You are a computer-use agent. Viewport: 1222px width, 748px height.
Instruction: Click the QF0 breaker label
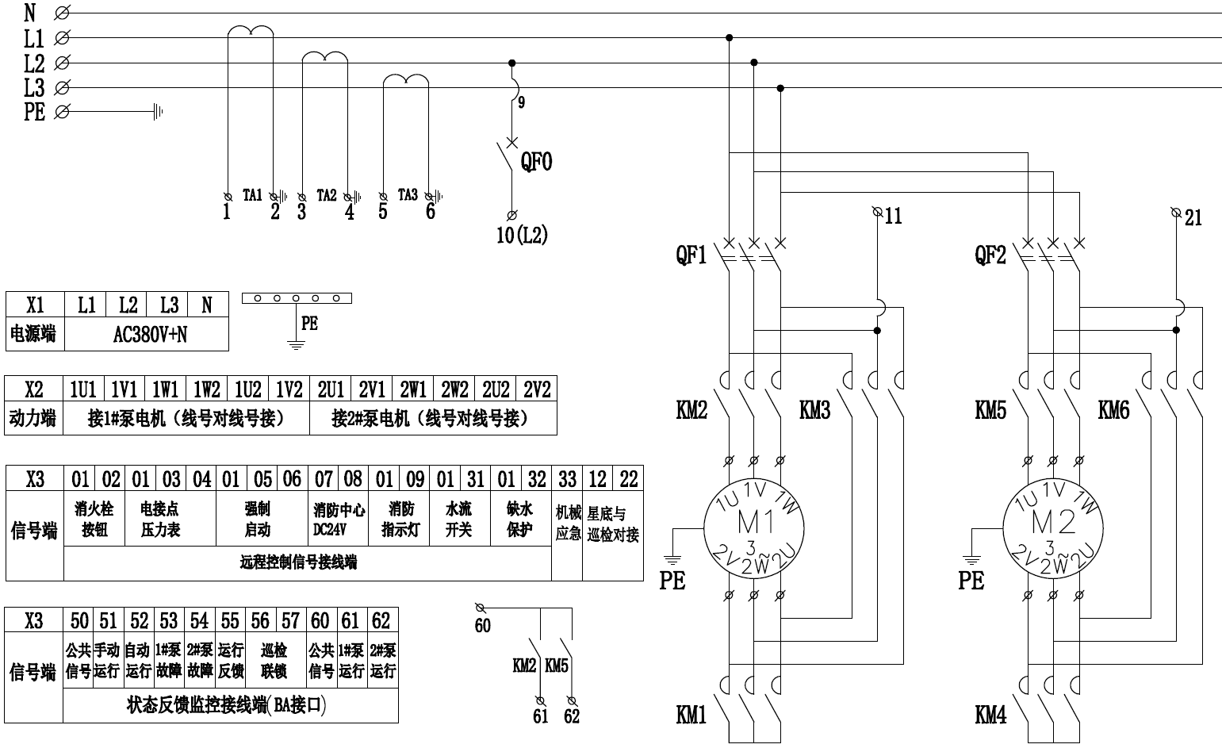(536, 162)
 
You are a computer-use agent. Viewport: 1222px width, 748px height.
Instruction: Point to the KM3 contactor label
(814, 410)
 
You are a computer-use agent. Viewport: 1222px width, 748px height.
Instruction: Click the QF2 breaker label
(990, 255)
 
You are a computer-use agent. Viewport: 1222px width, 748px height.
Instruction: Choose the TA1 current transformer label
(252, 194)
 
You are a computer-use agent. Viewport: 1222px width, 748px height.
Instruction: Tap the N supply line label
(30, 13)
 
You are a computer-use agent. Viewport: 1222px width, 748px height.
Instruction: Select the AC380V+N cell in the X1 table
(147, 335)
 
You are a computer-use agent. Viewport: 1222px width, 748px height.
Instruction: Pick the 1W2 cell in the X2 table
(206, 389)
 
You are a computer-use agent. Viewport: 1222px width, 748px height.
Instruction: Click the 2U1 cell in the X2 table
(331, 389)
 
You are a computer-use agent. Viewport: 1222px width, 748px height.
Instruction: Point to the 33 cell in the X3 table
(567, 479)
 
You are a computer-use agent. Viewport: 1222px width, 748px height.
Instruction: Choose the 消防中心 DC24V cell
(339, 520)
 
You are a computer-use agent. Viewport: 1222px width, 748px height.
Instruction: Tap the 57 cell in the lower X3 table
(291, 620)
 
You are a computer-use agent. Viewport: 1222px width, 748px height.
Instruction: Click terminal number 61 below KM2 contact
(541, 715)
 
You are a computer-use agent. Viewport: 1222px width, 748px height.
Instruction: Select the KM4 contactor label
(990, 715)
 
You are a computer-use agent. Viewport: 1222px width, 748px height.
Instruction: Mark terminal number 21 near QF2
(1193, 217)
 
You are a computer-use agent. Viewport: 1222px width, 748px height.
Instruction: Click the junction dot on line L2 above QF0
(511, 63)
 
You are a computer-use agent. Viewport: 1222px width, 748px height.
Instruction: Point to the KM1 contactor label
(691, 715)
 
